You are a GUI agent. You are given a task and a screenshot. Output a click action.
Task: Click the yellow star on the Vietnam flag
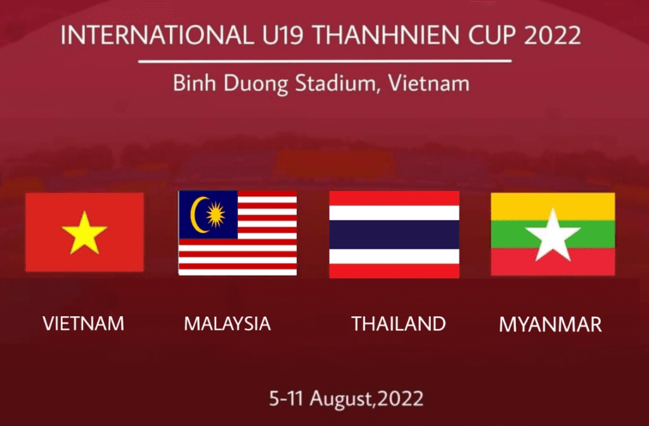[x=84, y=233]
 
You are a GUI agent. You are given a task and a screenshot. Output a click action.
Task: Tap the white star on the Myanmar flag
[x=553, y=235]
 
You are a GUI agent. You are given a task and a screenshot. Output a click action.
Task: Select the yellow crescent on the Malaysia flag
[x=198, y=215]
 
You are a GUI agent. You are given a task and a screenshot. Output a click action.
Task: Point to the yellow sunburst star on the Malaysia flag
[x=215, y=215]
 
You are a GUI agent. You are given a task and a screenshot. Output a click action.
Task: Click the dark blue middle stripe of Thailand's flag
[x=394, y=234]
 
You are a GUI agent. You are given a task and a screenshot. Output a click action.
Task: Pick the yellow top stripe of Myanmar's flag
[x=553, y=206]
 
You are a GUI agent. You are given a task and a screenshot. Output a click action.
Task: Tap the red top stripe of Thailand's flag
[x=394, y=198]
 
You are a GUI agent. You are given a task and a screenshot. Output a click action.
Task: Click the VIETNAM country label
[x=83, y=324]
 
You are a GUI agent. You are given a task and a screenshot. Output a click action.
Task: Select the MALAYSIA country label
[x=228, y=324]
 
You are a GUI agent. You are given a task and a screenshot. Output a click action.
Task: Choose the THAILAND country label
[x=399, y=324]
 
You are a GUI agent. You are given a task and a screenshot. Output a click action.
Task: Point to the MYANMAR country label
[x=550, y=324]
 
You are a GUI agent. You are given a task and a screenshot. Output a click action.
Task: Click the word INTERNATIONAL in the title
[x=157, y=35]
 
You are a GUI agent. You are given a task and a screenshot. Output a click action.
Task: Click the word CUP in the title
[x=492, y=35]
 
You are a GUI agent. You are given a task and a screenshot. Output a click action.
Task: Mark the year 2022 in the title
[x=553, y=35]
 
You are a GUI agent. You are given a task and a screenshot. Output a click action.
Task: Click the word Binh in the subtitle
[x=195, y=83]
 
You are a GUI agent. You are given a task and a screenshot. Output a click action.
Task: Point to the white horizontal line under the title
[x=325, y=62]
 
